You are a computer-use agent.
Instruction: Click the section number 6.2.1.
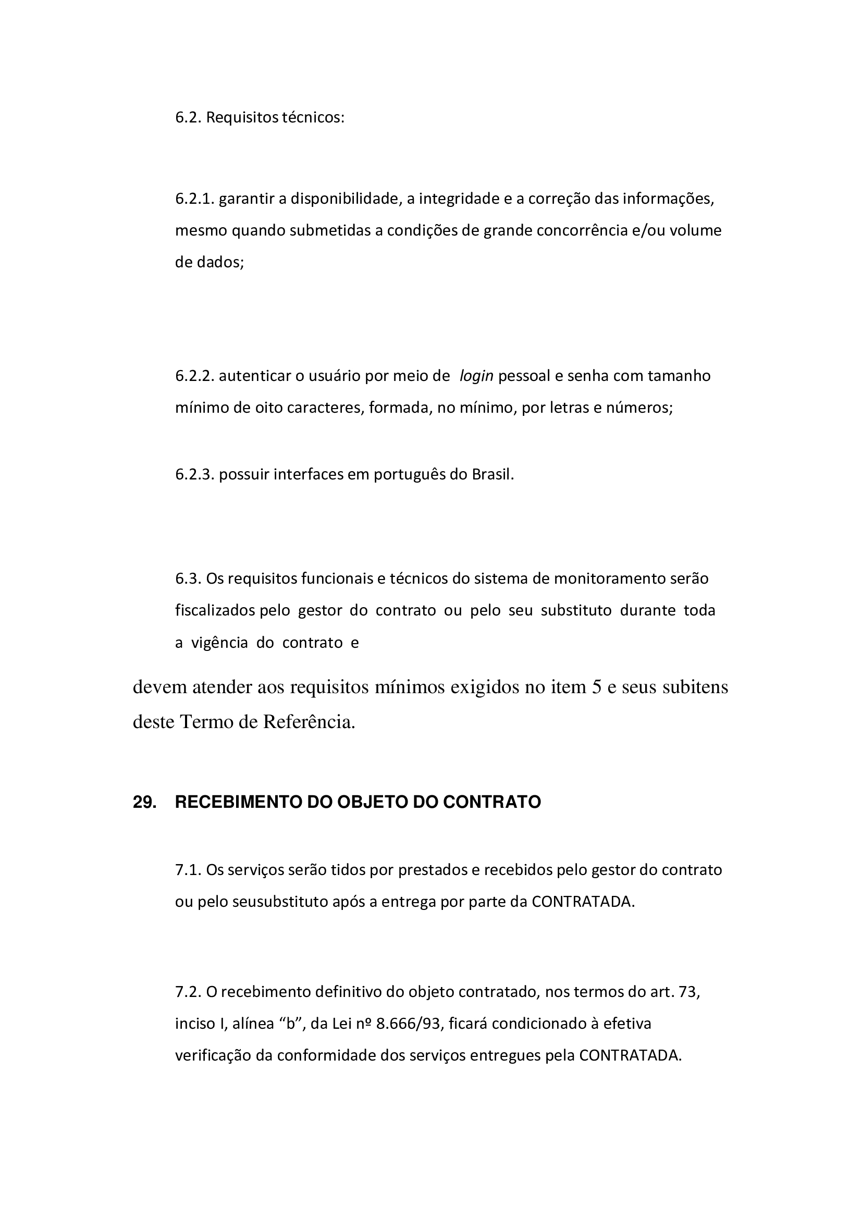click(194, 199)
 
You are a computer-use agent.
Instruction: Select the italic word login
click(476, 376)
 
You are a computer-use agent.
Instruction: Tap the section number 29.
click(144, 802)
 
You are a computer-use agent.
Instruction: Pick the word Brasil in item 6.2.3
click(493, 474)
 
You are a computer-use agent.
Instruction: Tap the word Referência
click(309, 722)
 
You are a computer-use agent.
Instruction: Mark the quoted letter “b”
click(290, 1023)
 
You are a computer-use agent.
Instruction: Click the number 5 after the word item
click(596, 687)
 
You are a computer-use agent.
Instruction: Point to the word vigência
click(219, 643)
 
